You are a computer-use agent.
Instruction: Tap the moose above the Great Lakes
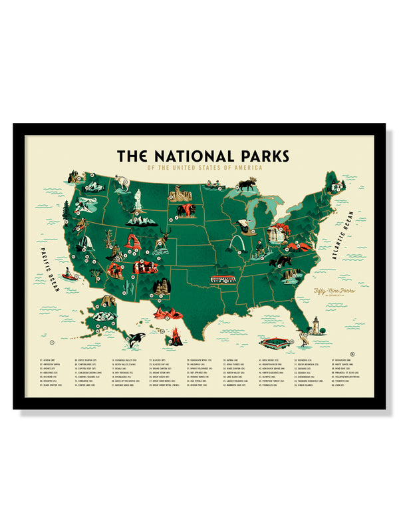pyautogui.click(x=247, y=183)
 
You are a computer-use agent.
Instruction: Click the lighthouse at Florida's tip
pyautogui.click(x=317, y=327)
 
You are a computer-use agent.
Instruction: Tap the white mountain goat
pyautogui.click(x=122, y=181)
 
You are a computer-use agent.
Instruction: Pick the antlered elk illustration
pyautogui.click(x=166, y=234)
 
